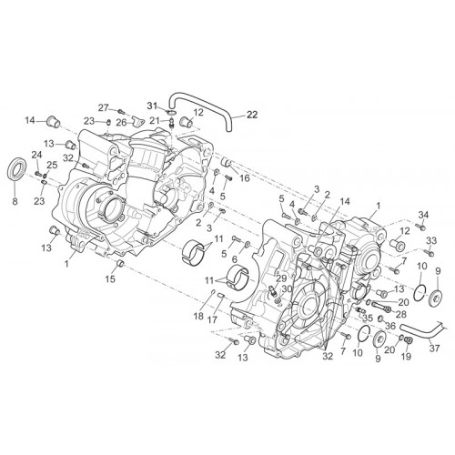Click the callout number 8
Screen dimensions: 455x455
(15, 201)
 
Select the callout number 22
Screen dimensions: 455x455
(252, 115)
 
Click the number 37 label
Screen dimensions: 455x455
(434, 349)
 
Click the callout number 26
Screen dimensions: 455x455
(121, 124)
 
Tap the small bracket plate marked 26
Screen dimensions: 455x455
(138, 121)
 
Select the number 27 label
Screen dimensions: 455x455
(104, 107)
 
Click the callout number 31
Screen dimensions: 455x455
(153, 106)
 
